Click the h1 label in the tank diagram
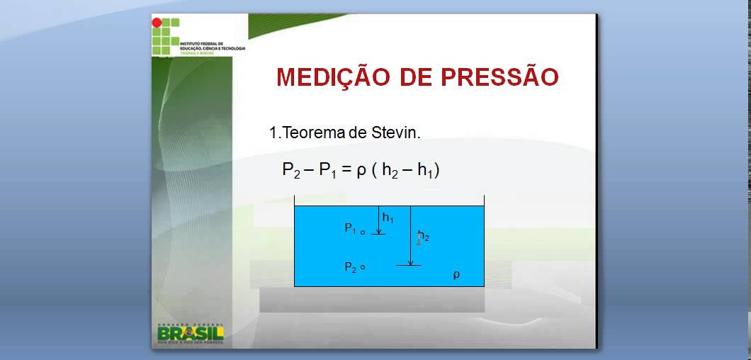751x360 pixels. [x=388, y=218]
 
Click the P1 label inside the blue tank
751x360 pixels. [x=350, y=228]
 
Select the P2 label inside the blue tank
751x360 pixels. [x=350, y=267]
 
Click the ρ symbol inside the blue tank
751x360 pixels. [x=456, y=275]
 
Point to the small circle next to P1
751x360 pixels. [x=362, y=232]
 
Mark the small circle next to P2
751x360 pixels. [x=362, y=267]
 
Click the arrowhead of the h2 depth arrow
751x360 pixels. [x=409, y=262]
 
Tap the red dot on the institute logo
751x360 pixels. [x=157, y=23]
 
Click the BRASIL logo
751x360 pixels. [x=190, y=333]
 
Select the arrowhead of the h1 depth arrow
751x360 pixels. [x=379, y=230]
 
